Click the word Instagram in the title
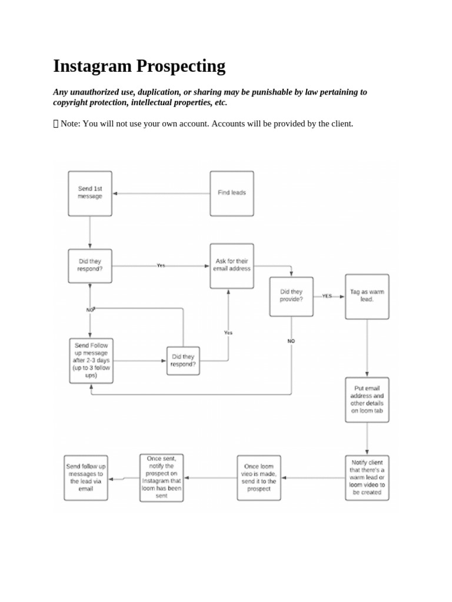click(x=93, y=66)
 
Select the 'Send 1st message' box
click(x=90, y=193)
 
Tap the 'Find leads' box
click(x=232, y=193)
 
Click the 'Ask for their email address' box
click(x=232, y=265)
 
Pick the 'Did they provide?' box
click(x=291, y=296)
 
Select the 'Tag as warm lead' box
click(x=367, y=296)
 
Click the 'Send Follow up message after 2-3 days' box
click(x=91, y=360)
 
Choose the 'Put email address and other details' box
click(x=367, y=400)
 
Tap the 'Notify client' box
click(x=367, y=477)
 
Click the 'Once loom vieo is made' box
click(x=259, y=477)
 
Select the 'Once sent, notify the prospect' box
click(x=162, y=477)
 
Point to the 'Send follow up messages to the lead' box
click(x=85, y=477)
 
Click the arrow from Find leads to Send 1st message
click(x=161, y=193)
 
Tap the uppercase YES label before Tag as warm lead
click(x=327, y=296)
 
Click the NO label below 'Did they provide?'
click(x=291, y=341)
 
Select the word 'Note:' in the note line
click(x=72, y=124)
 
